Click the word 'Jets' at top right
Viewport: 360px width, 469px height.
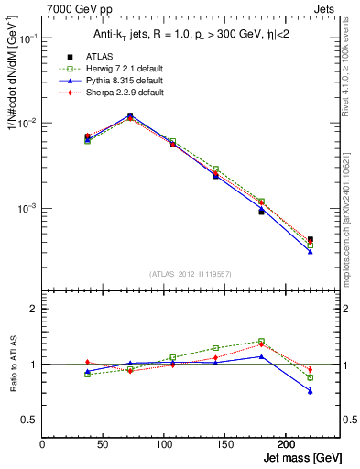click(x=325, y=9)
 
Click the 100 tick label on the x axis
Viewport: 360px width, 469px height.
click(x=164, y=444)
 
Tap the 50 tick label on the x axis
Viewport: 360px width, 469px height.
click(x=104, y=444)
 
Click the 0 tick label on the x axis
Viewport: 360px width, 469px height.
click(x=43, y=444)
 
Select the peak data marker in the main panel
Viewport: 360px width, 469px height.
click(x=130, y=115)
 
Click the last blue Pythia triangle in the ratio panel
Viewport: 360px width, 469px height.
click(x=310, y=391)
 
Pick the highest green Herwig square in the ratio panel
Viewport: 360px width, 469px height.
click(x=261, y=342)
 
